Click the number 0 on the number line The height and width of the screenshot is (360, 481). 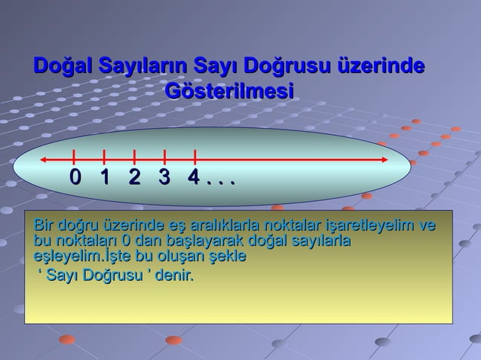click(74, 178)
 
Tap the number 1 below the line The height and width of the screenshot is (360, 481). click(104, 178)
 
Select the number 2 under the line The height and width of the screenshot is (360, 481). click(134, 178)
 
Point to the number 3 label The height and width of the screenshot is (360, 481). click(164, 178)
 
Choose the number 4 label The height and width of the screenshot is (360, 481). click(194, 178)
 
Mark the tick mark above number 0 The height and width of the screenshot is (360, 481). click(74, 157)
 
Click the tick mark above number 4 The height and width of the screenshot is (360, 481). click(195, 157)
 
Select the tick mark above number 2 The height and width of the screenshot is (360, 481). click(134, 157)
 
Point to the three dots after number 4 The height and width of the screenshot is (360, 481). click(222, 182)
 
